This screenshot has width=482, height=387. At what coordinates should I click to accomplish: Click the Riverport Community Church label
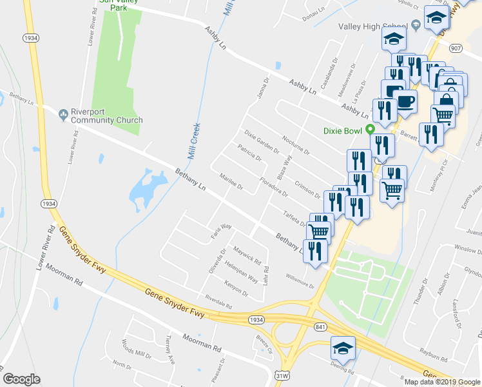[107, 115]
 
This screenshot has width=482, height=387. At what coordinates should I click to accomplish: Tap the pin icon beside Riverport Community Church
[63, 115]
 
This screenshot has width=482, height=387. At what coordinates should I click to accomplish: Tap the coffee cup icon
[405, 101]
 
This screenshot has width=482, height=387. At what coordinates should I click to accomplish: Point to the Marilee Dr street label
[231, 183]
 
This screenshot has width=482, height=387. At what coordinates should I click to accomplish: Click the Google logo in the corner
[21, 379]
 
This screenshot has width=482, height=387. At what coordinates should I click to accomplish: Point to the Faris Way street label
[220, 230]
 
